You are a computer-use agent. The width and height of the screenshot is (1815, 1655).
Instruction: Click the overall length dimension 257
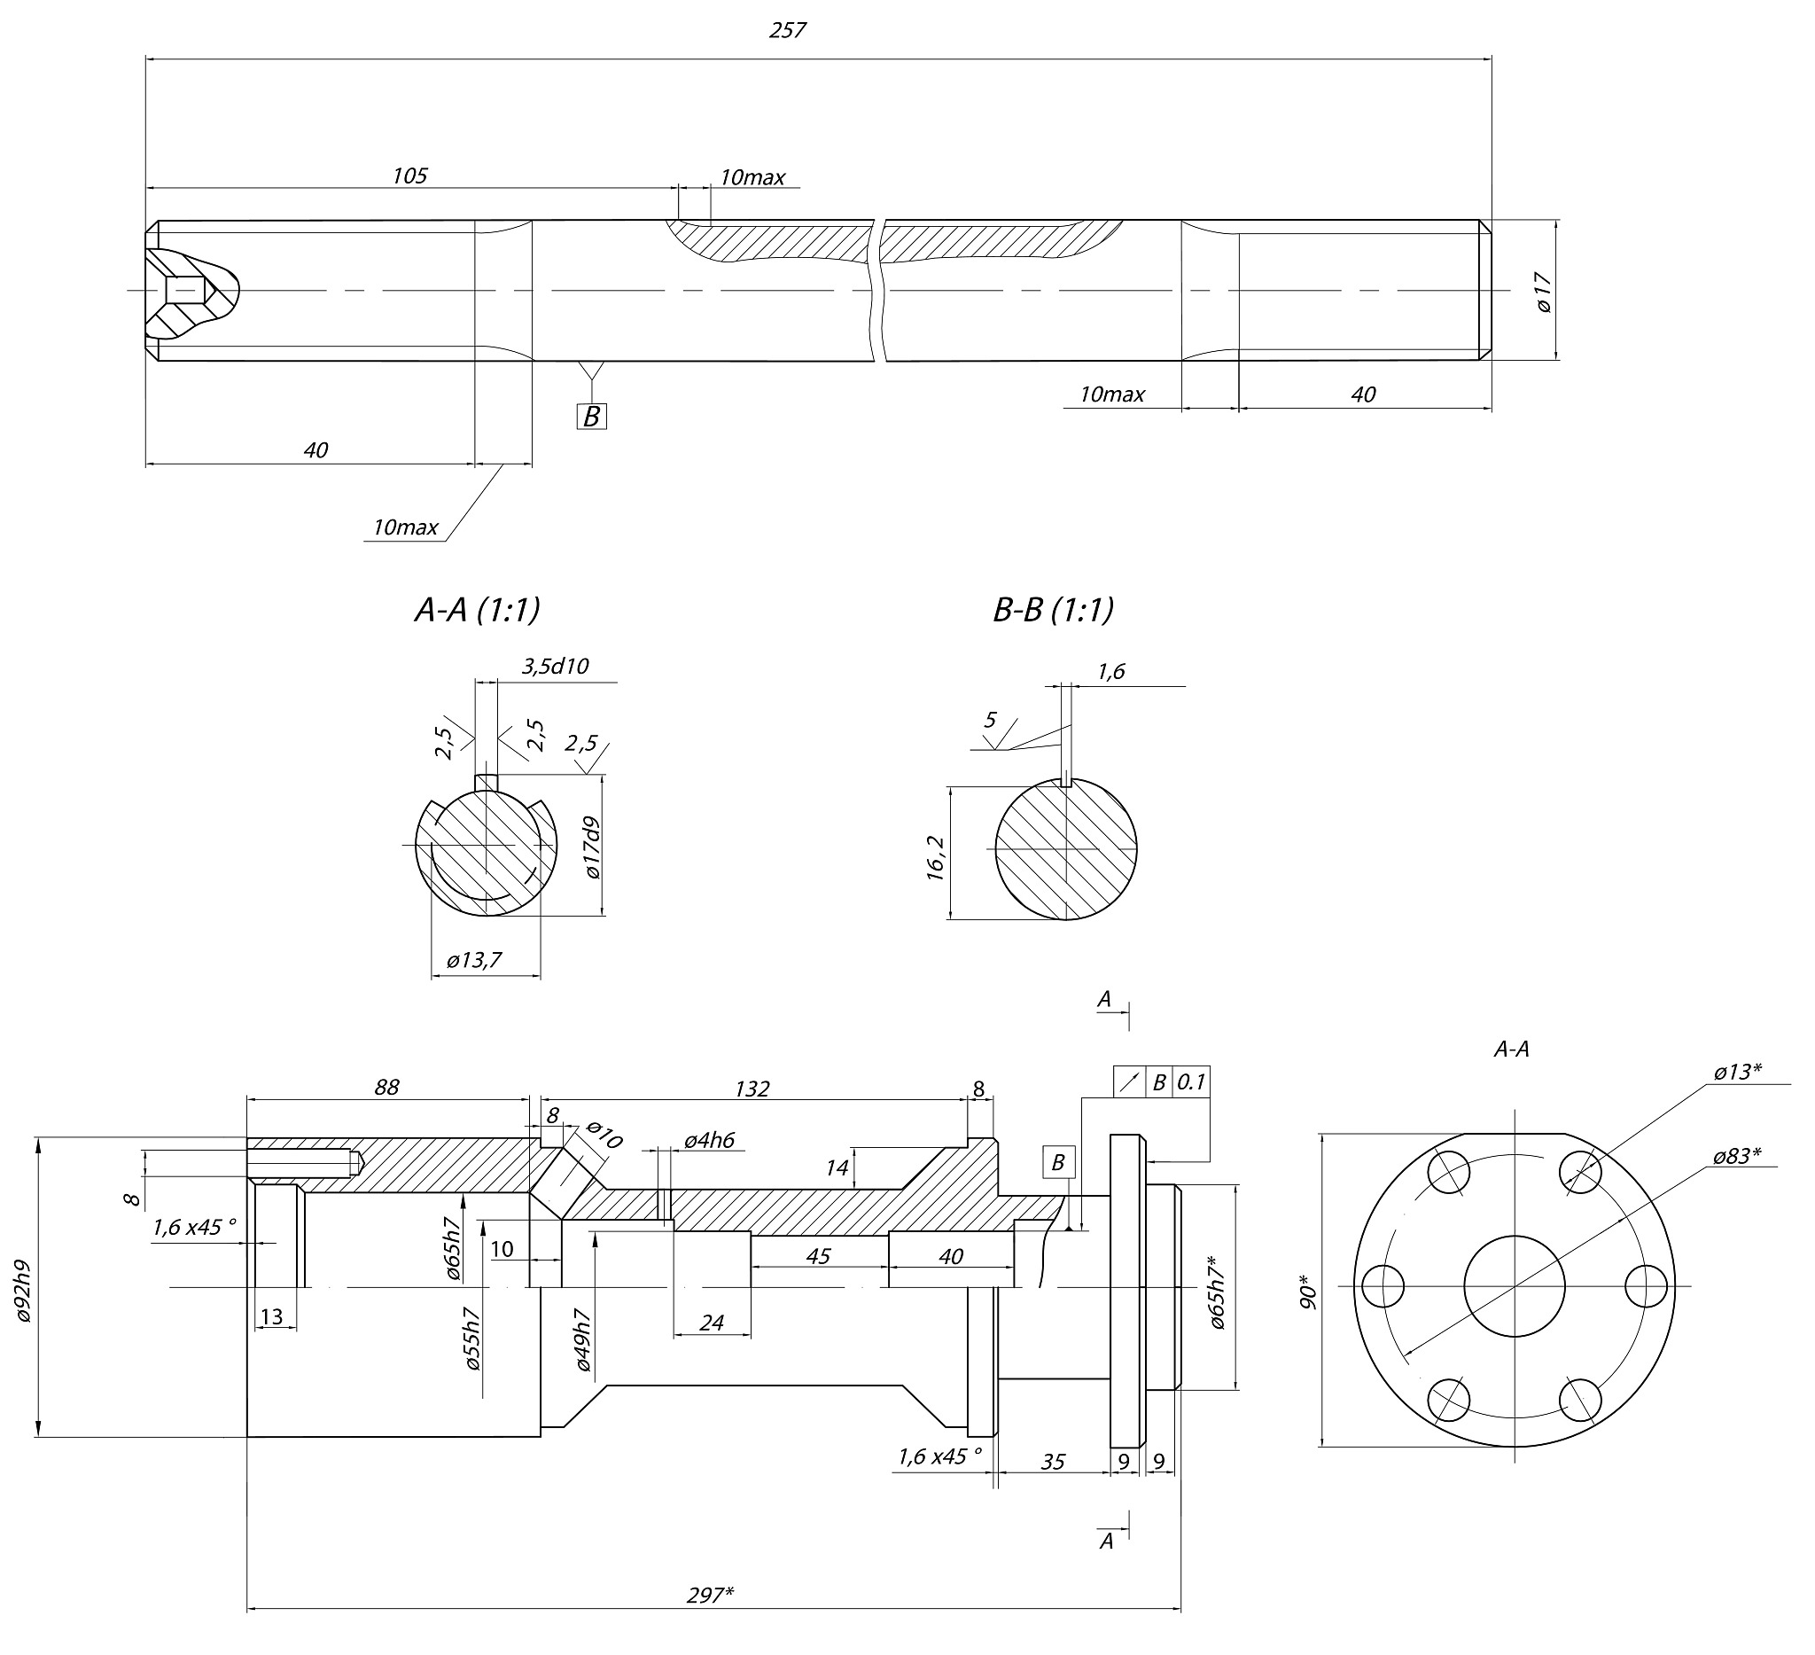tap(787, 31)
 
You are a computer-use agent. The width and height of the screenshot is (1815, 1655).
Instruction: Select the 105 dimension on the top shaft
tap(409, 176)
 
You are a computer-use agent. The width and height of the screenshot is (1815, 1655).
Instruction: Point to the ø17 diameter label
tap(1544, 293)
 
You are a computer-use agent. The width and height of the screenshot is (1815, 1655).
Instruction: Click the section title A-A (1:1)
tap(477, 610)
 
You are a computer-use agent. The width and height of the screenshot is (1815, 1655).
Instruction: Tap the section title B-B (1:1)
tap(1054, 610)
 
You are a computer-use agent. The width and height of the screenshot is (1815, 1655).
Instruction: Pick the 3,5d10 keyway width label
tap(556, 666)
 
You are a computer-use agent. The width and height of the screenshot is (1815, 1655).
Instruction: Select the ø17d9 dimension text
tap(592, 847)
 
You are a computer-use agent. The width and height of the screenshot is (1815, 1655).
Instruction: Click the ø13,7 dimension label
tap(474, 960)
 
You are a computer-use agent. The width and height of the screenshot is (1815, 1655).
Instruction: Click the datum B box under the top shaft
tap(591, 416)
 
